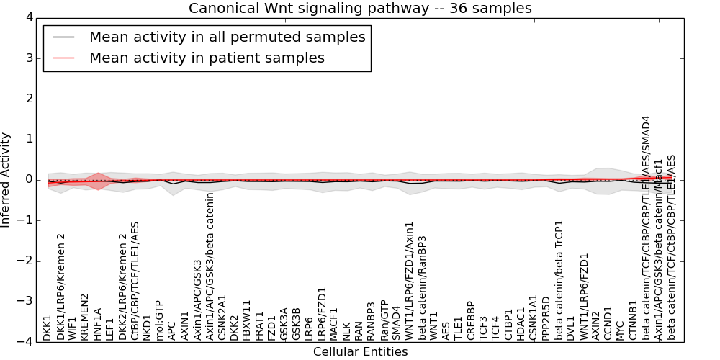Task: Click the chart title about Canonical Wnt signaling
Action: [360, 9]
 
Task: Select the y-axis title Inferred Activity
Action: [6, 180]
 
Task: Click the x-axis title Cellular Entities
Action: [360, 352]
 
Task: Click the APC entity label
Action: [171, 330]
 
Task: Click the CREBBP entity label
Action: [471, 320]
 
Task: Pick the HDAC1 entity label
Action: [521, 324]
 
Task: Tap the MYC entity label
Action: [621, 330]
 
